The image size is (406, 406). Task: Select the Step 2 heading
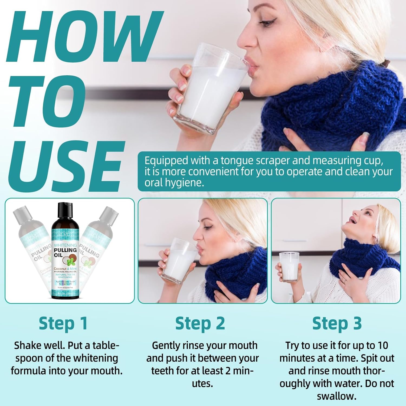click(200, 323)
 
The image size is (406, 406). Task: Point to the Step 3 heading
click(337, 323)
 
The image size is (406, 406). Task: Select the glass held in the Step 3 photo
click(289, 267)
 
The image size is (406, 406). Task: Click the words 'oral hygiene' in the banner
click(174, 183)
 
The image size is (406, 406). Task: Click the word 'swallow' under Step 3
click(336, 396)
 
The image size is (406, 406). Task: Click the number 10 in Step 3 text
click(382, 346)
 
